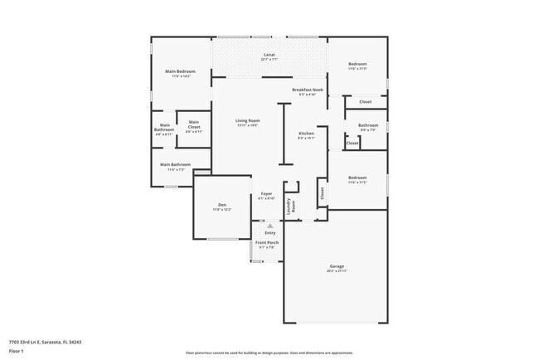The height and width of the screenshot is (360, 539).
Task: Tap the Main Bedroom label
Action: [x=181, y=71]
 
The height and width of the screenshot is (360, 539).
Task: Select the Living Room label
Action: [x=247, y=120]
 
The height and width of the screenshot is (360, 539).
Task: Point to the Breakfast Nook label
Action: [x=307, y=90]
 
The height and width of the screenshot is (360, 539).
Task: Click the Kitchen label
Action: [x=306, y=134]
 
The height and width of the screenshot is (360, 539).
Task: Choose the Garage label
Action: [x=336, y=266]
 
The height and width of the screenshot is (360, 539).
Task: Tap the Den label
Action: [x=222, y=205]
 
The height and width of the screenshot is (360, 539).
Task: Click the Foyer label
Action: [x=266, y=193]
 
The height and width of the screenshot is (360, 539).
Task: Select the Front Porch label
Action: [x=267, y=242]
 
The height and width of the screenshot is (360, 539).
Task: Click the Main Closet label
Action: [x=193, y=124]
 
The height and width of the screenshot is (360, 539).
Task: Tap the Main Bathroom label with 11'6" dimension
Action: [x=175, y=164]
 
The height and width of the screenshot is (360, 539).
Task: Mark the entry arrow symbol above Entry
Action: [x=269, y=224]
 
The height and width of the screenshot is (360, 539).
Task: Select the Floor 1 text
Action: [x=16, y=351]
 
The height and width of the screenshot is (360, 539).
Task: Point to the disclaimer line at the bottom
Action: [x=269, y=353]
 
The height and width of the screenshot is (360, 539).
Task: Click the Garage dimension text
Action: [x=336, y=271]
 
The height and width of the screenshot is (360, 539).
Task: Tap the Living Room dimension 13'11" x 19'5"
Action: [x=247, y=125]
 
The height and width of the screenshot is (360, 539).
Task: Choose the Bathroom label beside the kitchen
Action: [x=367, y=125]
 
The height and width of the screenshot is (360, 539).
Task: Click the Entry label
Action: [x=269, y=231]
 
